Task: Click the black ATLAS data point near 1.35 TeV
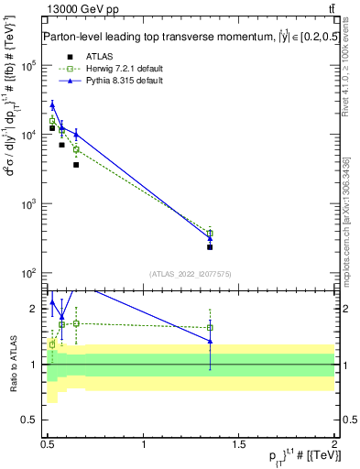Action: tap(210, 247)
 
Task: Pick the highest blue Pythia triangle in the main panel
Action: tap(52, 105)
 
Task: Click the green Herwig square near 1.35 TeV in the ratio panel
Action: tap(210, 328)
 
